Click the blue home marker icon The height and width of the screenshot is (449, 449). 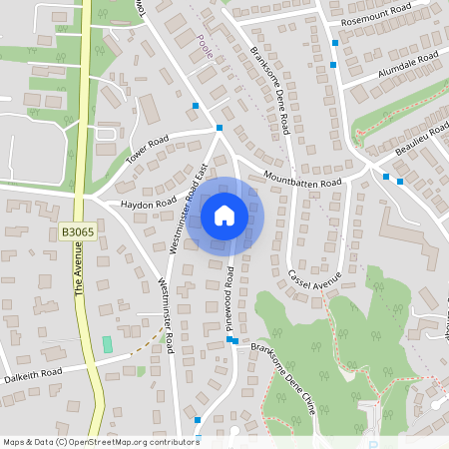tap(224, 216)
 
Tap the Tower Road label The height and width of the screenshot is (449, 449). tap(148, 151)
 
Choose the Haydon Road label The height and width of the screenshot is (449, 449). tap(149, 204)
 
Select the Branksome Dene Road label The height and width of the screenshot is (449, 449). tap(270, 90)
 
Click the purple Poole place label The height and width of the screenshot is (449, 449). tap(206, 48)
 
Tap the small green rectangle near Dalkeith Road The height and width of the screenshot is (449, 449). tap(108, 344)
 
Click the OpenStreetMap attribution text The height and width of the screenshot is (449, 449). tap(100, 442)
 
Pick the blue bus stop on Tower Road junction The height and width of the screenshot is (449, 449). tap(219, 128)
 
